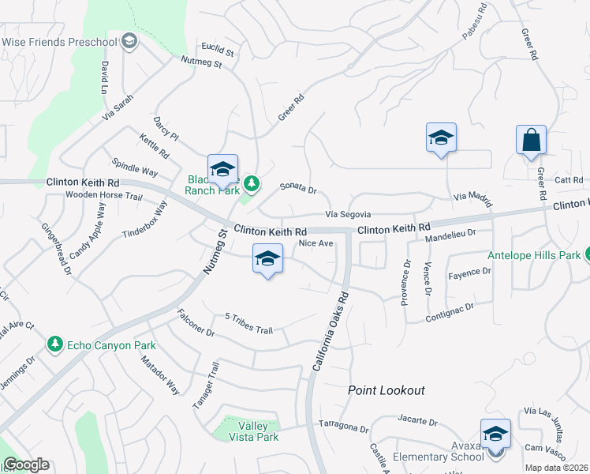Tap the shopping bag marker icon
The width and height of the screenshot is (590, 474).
(531, 141)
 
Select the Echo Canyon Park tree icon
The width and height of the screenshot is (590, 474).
(54, 344)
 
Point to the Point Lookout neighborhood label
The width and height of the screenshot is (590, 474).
(386, 390)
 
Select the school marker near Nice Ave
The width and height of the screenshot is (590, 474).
(267, 259)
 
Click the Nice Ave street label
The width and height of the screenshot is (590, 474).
(316, 243)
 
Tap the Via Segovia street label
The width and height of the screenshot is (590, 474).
(348, 215)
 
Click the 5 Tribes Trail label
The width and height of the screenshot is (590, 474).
(248, 324)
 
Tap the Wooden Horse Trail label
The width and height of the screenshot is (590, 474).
(103, 195)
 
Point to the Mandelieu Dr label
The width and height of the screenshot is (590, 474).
(450, 234)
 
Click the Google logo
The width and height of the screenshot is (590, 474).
(26, 465)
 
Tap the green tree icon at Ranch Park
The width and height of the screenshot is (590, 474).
(251, 184)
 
